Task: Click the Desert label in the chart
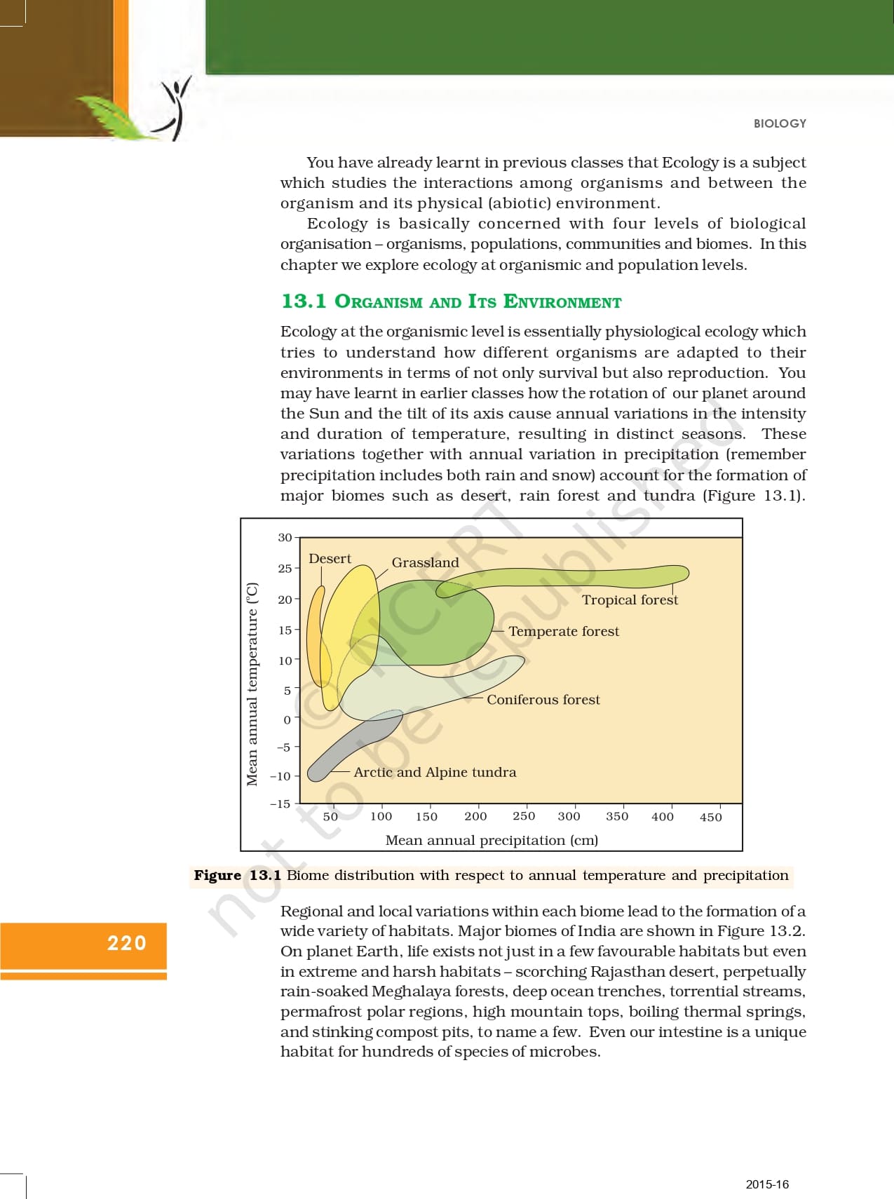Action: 330,559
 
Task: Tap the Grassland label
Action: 425,562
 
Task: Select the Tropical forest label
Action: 630,599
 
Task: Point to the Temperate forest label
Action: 564,631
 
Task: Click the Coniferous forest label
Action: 543,699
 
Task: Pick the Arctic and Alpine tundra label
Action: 435,772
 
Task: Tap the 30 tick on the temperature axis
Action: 285,538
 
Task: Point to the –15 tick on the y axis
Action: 280,804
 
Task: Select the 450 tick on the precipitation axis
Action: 710,817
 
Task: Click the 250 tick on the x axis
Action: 524,816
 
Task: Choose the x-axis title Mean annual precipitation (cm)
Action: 492,840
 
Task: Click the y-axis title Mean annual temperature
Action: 252,684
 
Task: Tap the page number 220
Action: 127,943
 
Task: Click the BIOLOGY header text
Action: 780,123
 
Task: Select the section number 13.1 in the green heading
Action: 304,302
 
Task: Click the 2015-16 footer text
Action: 767,1184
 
